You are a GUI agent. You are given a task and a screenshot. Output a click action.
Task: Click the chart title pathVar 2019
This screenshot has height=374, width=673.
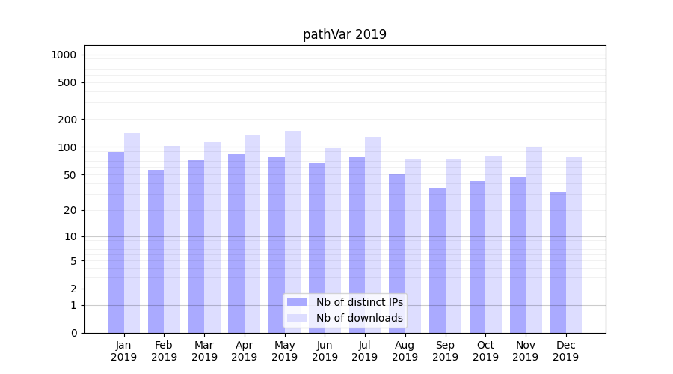pos(345,34)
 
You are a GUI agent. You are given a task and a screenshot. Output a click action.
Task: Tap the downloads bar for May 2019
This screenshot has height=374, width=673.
pos(292,232)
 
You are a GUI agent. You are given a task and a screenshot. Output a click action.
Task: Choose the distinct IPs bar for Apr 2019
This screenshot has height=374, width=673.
pos(236,243)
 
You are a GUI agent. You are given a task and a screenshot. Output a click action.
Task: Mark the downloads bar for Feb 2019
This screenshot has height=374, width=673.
pos(172,239)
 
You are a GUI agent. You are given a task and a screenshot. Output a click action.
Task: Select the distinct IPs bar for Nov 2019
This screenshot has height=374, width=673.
pos(517,254)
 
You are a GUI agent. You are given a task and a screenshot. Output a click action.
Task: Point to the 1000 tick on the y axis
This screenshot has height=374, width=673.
pos(64,55)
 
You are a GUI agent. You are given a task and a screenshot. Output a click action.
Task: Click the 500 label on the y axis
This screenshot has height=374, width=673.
pos(67,82)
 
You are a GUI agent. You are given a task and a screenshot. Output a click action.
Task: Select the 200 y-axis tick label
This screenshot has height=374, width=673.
pos(67,120)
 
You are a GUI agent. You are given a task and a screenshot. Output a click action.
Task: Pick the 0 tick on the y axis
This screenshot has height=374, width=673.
pos(73,333)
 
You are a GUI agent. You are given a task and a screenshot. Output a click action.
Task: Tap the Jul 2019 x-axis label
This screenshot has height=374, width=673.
pos(365,351)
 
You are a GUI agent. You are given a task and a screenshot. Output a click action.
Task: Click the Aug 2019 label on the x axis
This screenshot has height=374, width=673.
pos(405,351)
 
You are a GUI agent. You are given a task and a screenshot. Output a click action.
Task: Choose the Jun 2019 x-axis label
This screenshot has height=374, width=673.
pos(325,351)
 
